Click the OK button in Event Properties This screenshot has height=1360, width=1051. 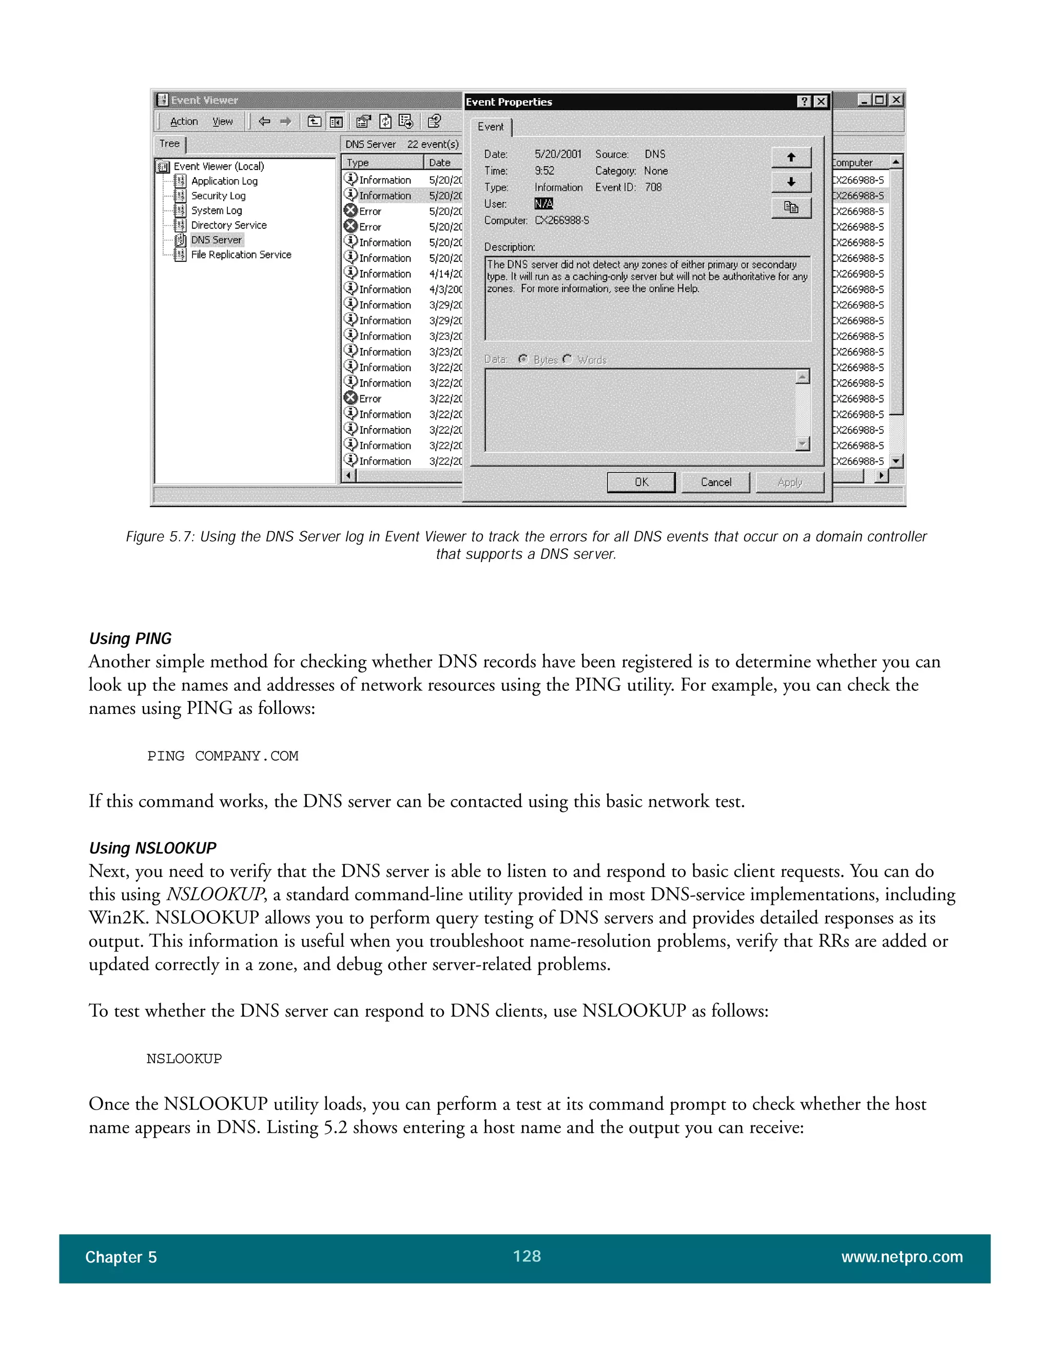(640, 482)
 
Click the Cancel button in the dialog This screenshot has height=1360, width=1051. (715, 482)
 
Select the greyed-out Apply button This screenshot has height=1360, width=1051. (789, 482)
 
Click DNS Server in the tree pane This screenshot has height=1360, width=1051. (216, 240)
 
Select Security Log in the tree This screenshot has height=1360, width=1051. (218, 196)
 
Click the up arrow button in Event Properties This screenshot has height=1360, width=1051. (791, 158)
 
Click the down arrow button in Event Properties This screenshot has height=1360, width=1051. (791, 183)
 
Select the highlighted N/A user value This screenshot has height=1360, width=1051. (543, 204)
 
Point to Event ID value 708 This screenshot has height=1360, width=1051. (653, 187)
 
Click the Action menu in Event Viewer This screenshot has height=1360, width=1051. (184, 122)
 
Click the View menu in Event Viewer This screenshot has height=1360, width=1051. (222, 122)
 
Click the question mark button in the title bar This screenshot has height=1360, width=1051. (804, 102)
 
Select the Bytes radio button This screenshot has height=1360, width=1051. (523, 359)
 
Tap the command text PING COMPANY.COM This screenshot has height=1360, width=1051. (222, 756)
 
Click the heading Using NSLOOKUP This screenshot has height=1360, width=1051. (152, 848)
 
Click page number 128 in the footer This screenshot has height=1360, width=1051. (527, 1256)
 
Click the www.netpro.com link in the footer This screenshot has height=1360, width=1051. (902, 1257)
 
